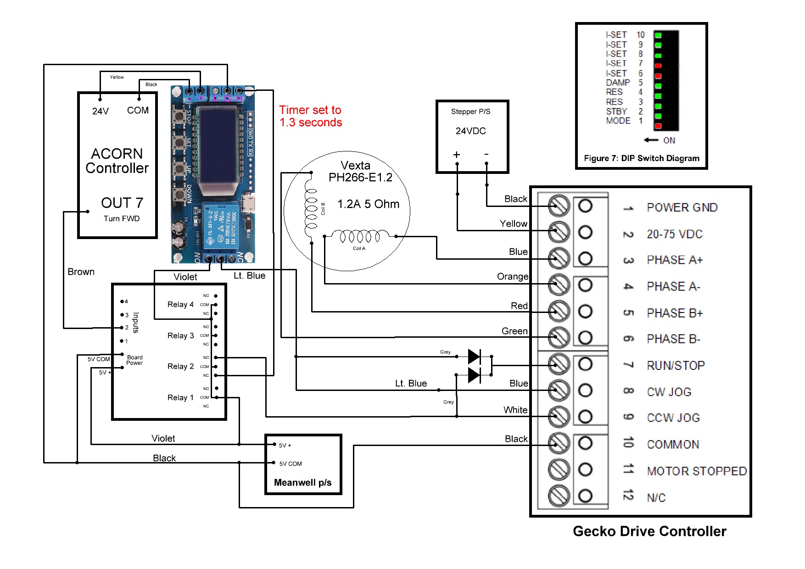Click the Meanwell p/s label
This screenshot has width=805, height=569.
point(302,482)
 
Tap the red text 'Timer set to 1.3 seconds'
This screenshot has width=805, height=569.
point(311,116)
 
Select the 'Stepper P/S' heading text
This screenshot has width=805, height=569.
point(470,112)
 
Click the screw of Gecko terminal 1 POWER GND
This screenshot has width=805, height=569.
point(559,206)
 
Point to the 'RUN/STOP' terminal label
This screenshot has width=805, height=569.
point(675,366)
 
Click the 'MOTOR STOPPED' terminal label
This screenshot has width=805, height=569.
point(696,471)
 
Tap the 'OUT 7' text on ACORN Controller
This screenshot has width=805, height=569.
point(122,203)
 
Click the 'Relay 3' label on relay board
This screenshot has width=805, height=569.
point(180,335)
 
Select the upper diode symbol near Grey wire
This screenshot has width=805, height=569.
point(474,356)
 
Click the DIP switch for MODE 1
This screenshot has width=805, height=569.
point(658,126)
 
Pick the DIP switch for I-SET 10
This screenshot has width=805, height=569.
point(658,35)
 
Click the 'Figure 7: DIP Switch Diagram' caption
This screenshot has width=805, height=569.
point(641,158)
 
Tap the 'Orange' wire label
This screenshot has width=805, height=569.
point(512,276)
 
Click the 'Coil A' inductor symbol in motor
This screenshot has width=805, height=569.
point(359,237)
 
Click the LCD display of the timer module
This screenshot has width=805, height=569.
point(218,147)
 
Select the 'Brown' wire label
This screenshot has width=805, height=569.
point(81,272)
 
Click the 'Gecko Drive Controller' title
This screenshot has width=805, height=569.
point(649,531)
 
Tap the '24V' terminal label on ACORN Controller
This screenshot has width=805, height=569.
point(101,111)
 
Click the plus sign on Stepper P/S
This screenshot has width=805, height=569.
point(456,155)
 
